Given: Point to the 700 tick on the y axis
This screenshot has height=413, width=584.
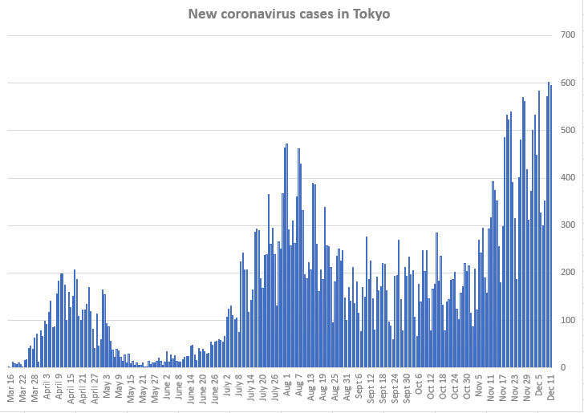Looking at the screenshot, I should (568, 35).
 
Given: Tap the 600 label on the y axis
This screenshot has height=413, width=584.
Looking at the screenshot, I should (568, 83).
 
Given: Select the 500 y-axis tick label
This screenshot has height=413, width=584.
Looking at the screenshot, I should (568, 130).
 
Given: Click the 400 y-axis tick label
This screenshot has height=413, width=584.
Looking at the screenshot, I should (568, 177).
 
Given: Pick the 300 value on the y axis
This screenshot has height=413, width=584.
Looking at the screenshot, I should (568, 225).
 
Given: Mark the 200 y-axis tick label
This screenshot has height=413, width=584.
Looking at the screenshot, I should (568, 273).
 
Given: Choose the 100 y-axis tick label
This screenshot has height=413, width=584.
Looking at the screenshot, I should (568, 320).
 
